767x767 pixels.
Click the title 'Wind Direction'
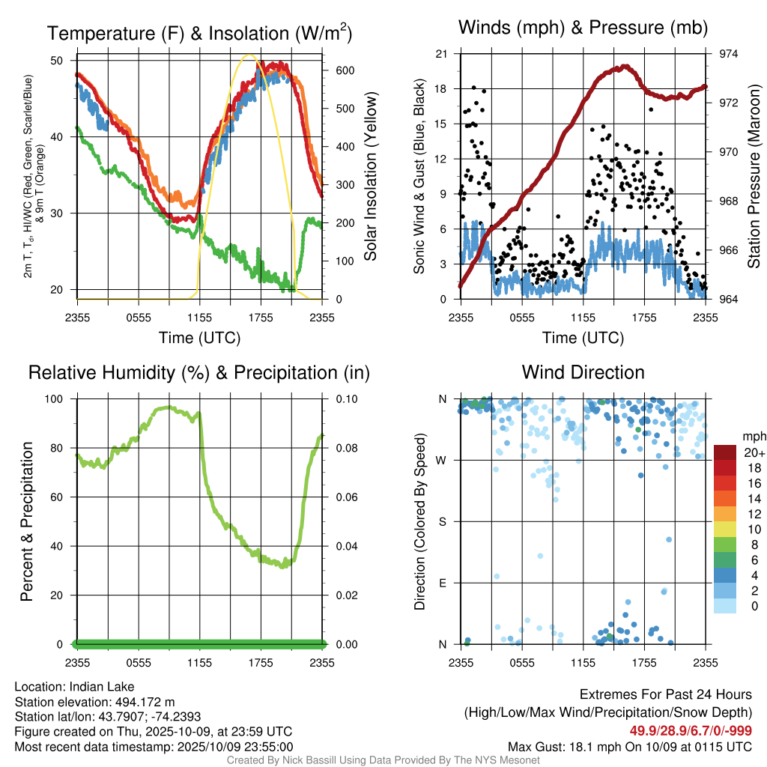pos(583,372)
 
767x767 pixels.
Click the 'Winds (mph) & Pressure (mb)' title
pos(583,28)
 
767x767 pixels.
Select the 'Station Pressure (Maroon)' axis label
pos(754,177)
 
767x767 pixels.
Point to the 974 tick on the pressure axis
pos(729,54)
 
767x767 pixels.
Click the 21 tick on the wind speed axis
pos(443,54)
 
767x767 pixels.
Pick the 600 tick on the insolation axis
pos(344,70)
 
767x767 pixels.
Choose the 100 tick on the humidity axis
pos(61,399)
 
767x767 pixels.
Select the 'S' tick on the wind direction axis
pos(443,521)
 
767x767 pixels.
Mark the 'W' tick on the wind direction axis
pos(443,460)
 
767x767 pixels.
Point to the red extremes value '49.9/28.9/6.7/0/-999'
pos(691,731)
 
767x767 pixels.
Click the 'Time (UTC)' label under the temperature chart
pos(199,338)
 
